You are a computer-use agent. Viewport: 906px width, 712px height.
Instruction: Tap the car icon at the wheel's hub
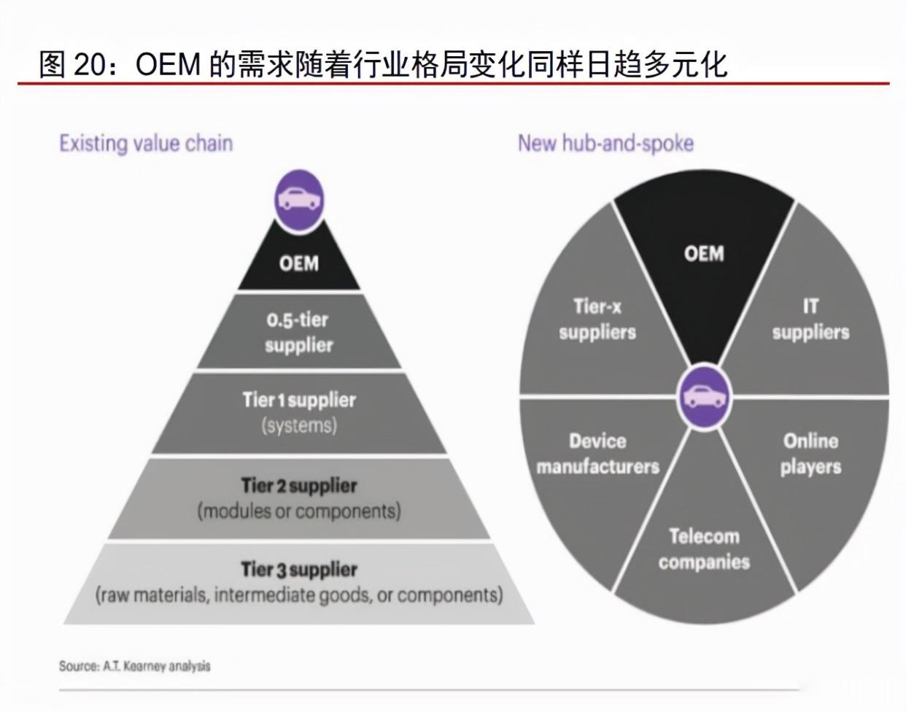click(x=704, y=396)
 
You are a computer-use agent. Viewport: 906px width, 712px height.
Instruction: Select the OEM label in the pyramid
click(x=299, y=263)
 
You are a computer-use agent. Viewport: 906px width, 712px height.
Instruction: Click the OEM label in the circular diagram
click(x=704, y=253)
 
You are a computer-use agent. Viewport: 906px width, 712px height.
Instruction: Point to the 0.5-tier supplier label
click(x=298, y=333)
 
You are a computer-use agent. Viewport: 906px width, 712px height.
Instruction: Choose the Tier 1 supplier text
click(x=299, y=400)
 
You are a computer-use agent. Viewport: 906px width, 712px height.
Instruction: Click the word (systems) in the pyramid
click(x=299, y=425)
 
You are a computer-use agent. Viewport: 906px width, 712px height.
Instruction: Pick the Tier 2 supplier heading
click(x=299, y=486)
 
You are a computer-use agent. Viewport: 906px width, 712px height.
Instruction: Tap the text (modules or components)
click(x=299, y=511)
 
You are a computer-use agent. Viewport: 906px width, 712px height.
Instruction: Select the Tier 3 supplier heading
click(x=299, y=570)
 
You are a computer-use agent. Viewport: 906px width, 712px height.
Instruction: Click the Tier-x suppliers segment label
click(x=597, y=320)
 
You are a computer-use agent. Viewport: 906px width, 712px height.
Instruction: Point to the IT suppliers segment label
click(x=810, y=320)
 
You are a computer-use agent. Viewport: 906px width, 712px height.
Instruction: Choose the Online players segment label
click(x=810, y=454)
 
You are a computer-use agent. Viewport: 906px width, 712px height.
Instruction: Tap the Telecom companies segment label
click(x=704, y=549)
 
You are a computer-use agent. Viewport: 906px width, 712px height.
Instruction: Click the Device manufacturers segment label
click(x=598, y=454)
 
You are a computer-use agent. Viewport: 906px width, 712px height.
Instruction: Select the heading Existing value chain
click(x=146, y=144)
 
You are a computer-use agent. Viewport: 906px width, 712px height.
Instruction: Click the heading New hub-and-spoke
click(x=605, y=144)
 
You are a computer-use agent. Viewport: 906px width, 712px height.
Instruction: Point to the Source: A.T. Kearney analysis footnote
click(x=134, y=666)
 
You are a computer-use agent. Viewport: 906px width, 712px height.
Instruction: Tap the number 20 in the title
click(x=90, y=65)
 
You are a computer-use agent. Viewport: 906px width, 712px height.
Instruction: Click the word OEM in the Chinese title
click(x=168, y=65)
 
